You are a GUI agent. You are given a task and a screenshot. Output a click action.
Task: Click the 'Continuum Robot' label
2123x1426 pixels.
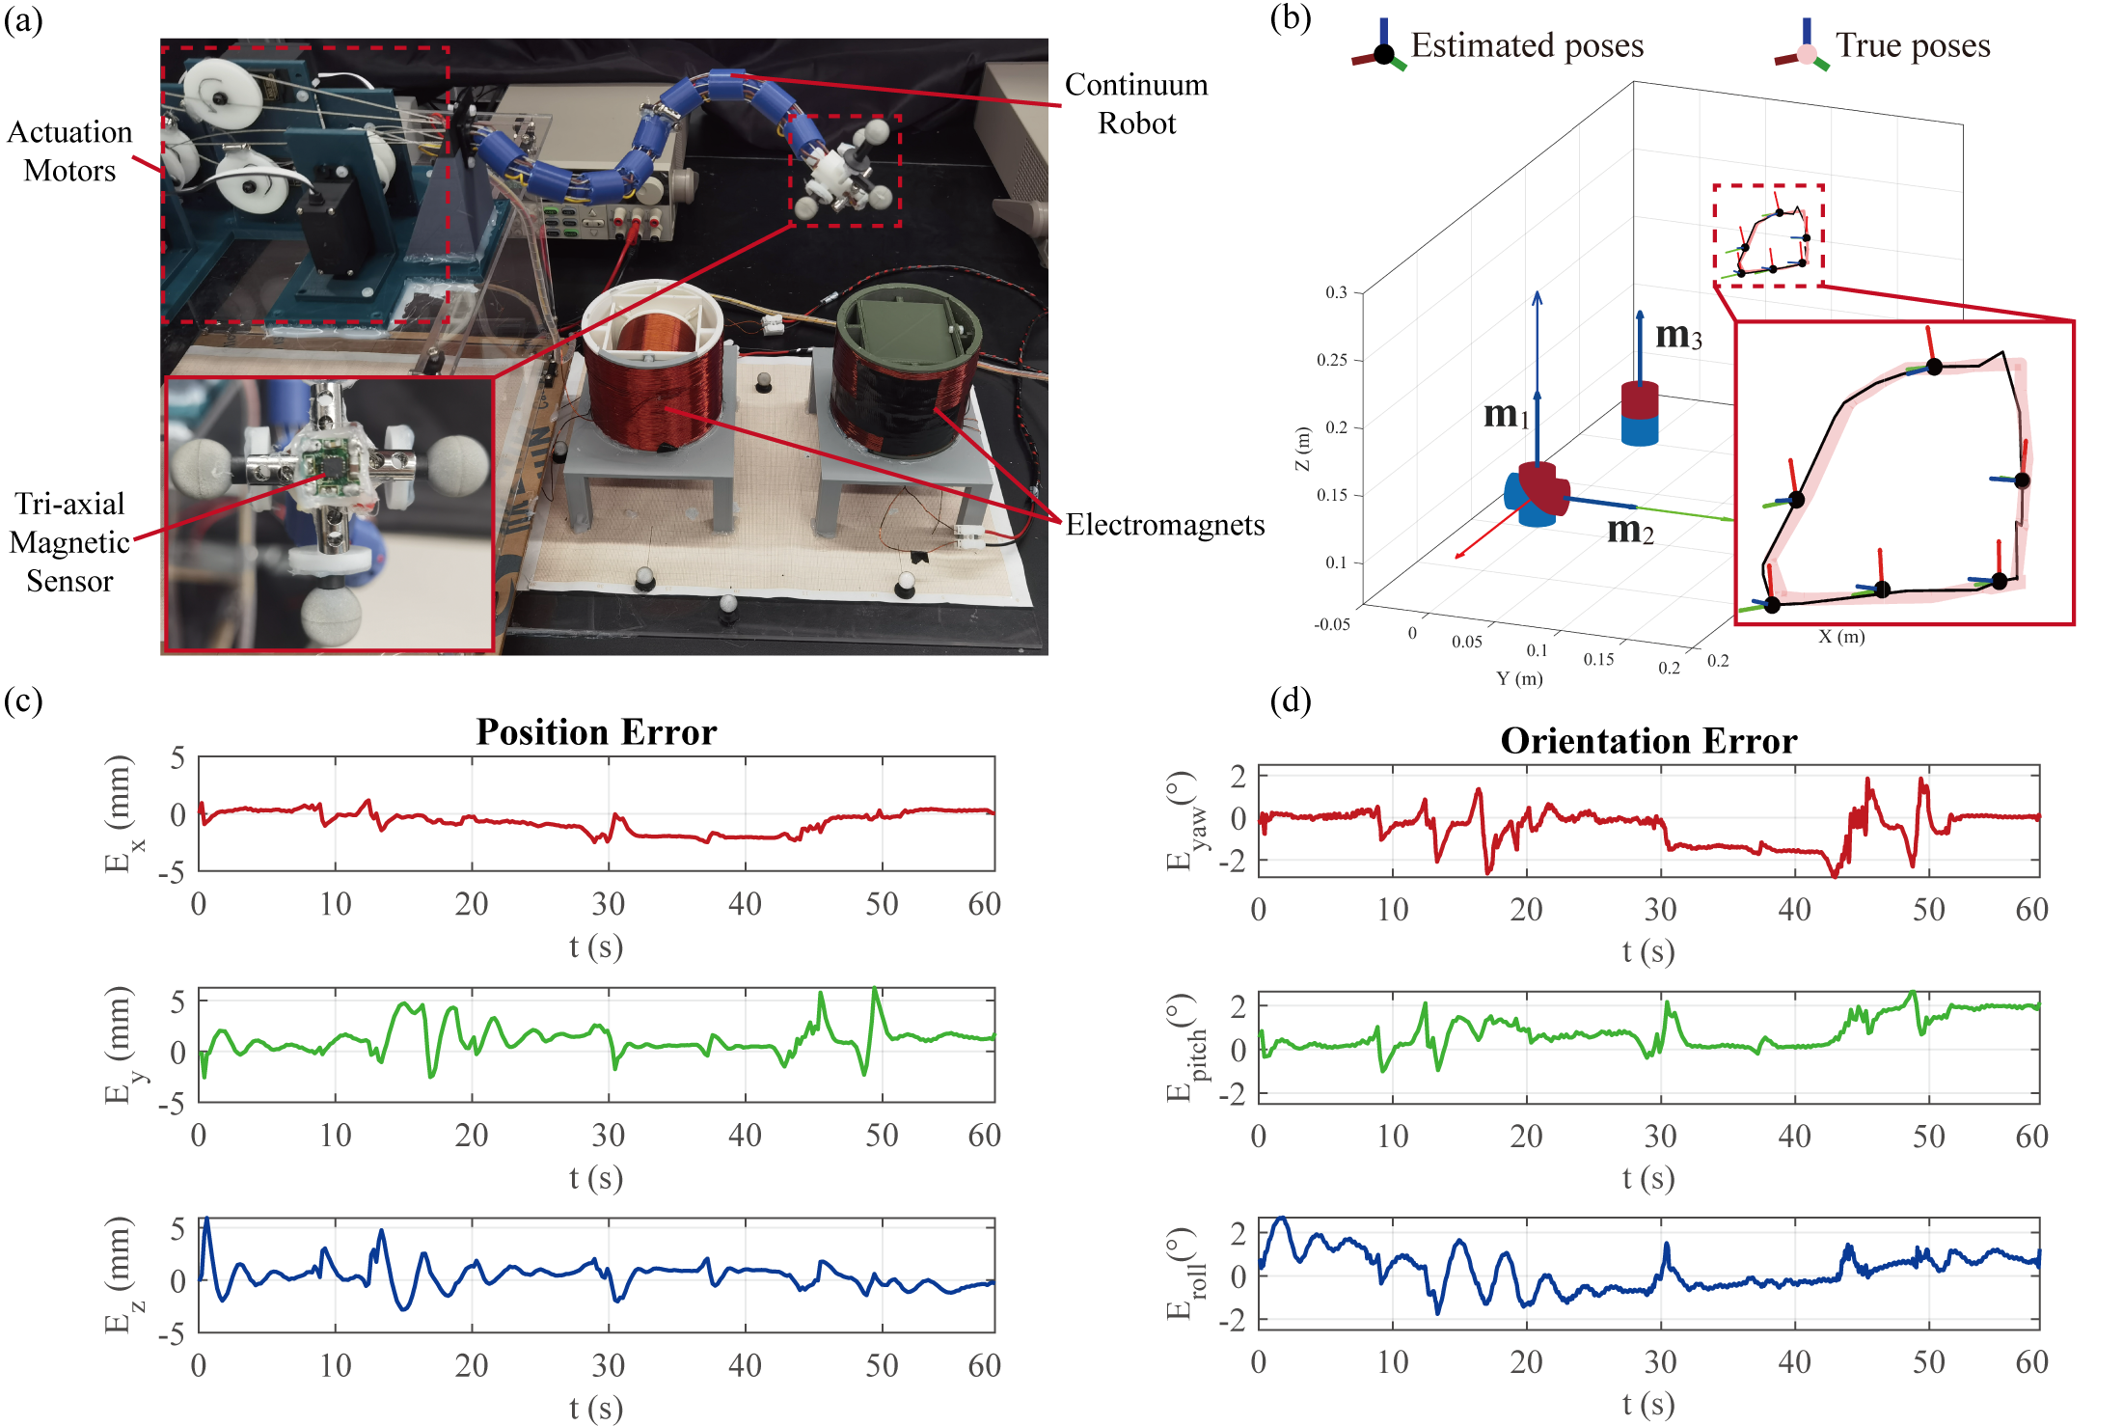(1136, 104)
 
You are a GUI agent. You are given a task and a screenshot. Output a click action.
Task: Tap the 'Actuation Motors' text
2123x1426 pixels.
(69, 151)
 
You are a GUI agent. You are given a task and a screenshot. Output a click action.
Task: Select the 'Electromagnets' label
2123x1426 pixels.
(1165, 524)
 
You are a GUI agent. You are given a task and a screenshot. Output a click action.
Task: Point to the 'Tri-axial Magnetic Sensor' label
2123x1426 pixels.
(69, 542)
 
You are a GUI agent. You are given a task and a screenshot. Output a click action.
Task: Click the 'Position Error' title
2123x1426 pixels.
(596, 732)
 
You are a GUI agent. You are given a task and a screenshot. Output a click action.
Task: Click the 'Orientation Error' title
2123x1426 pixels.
(1648, 740)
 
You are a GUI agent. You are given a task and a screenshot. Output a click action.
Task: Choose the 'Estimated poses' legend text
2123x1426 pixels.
(1527, 45)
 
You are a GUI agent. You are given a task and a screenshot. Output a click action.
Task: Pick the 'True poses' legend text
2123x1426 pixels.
(1913, 45)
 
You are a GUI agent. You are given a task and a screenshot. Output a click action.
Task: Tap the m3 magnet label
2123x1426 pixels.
(1678, 335)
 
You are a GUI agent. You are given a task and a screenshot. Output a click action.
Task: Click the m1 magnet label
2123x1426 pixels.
(1506, 414)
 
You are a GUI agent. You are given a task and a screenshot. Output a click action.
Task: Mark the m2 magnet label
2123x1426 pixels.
(1630, 530)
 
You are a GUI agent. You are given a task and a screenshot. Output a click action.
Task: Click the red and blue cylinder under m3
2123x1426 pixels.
(1639, 414)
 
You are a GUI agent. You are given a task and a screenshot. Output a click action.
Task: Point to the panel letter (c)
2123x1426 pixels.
(23, 700)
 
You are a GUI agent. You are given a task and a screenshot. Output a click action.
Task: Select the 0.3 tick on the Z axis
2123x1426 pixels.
(1336, 292)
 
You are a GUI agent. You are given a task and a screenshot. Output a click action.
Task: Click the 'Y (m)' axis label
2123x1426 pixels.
(1519, 678)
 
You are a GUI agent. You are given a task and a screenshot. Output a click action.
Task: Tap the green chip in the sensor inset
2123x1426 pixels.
(332, 466)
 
